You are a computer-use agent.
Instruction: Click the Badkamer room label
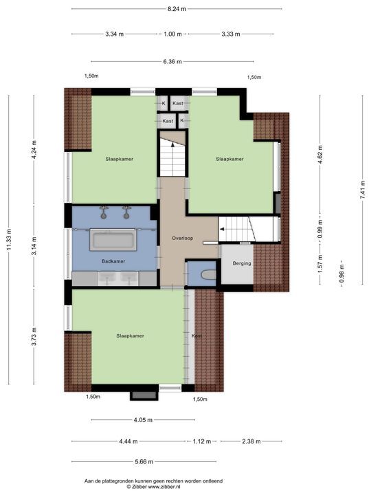[113, 261]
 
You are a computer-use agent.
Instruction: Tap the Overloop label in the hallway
[182, 238]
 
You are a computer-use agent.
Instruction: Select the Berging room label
[242, 263]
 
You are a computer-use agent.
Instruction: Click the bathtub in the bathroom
[113, 240]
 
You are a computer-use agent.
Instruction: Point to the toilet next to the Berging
[209, 274]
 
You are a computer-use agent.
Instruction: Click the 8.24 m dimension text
[177, 9]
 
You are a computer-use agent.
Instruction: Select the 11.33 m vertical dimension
[9, 240]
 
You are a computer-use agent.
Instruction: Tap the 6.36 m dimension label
[172, 62]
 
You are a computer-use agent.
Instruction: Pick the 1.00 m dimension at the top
[172, 34]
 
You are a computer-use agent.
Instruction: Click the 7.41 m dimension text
[363, 190]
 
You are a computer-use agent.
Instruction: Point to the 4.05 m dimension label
[143, 420]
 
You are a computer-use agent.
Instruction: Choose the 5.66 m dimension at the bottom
[144, 461]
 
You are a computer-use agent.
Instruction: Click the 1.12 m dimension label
[202, 441]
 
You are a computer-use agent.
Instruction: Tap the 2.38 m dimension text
[251, 441]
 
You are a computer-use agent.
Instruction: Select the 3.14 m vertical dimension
[34, 246]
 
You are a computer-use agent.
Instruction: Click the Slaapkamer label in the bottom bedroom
[130, 336]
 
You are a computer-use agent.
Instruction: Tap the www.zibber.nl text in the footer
[161, 487]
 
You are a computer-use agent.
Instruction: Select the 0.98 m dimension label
[341, 274]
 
